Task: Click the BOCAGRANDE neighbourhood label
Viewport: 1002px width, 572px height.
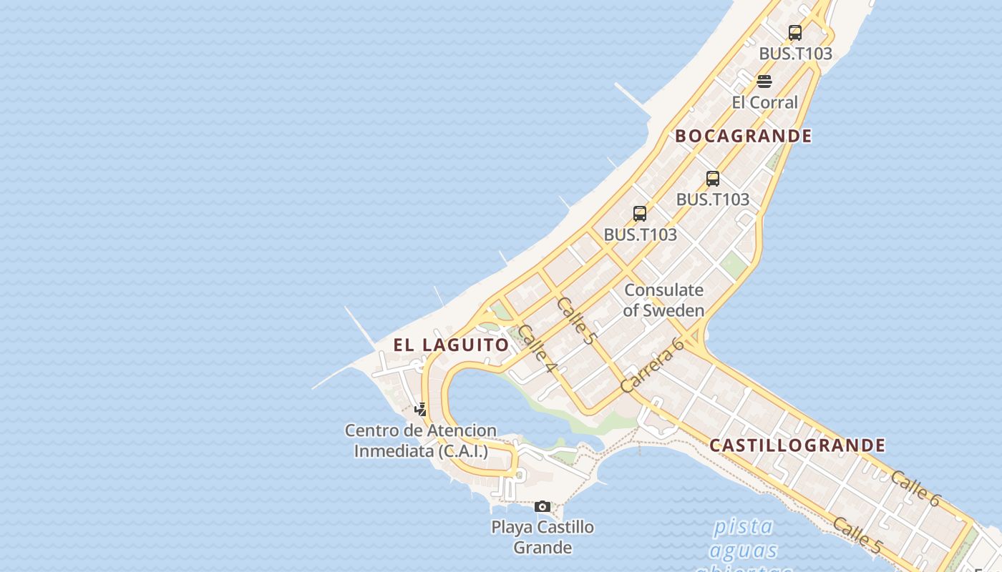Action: [744, 136]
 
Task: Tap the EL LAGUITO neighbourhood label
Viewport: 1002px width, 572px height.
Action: [451, 345]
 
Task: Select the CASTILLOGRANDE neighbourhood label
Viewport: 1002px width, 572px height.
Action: [797, 445]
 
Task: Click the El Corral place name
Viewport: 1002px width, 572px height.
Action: [764, 102]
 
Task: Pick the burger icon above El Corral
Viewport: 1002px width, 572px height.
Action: [764, 81]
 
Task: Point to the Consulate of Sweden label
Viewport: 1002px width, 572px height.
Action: [663, 300]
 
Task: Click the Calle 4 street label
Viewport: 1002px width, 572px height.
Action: [537, 348]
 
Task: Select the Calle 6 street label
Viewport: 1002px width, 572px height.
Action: [915, 488]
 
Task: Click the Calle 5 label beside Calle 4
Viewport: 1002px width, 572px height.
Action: [575, 321]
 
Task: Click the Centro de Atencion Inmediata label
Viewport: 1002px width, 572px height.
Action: [421, 440]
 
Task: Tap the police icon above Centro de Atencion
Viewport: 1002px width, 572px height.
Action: [421, 410]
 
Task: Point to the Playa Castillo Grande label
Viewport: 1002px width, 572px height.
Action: [543, 537]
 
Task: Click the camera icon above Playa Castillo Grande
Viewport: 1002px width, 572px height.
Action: [543, 506]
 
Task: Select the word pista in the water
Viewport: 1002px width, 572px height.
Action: [743, 527]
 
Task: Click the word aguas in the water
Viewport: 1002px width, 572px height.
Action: [743, 551]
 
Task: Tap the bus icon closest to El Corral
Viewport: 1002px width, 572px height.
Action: [794, 32]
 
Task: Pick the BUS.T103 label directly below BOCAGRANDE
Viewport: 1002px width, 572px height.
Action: [713, 199]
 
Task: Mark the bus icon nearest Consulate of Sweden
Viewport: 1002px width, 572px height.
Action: [640, 213]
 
